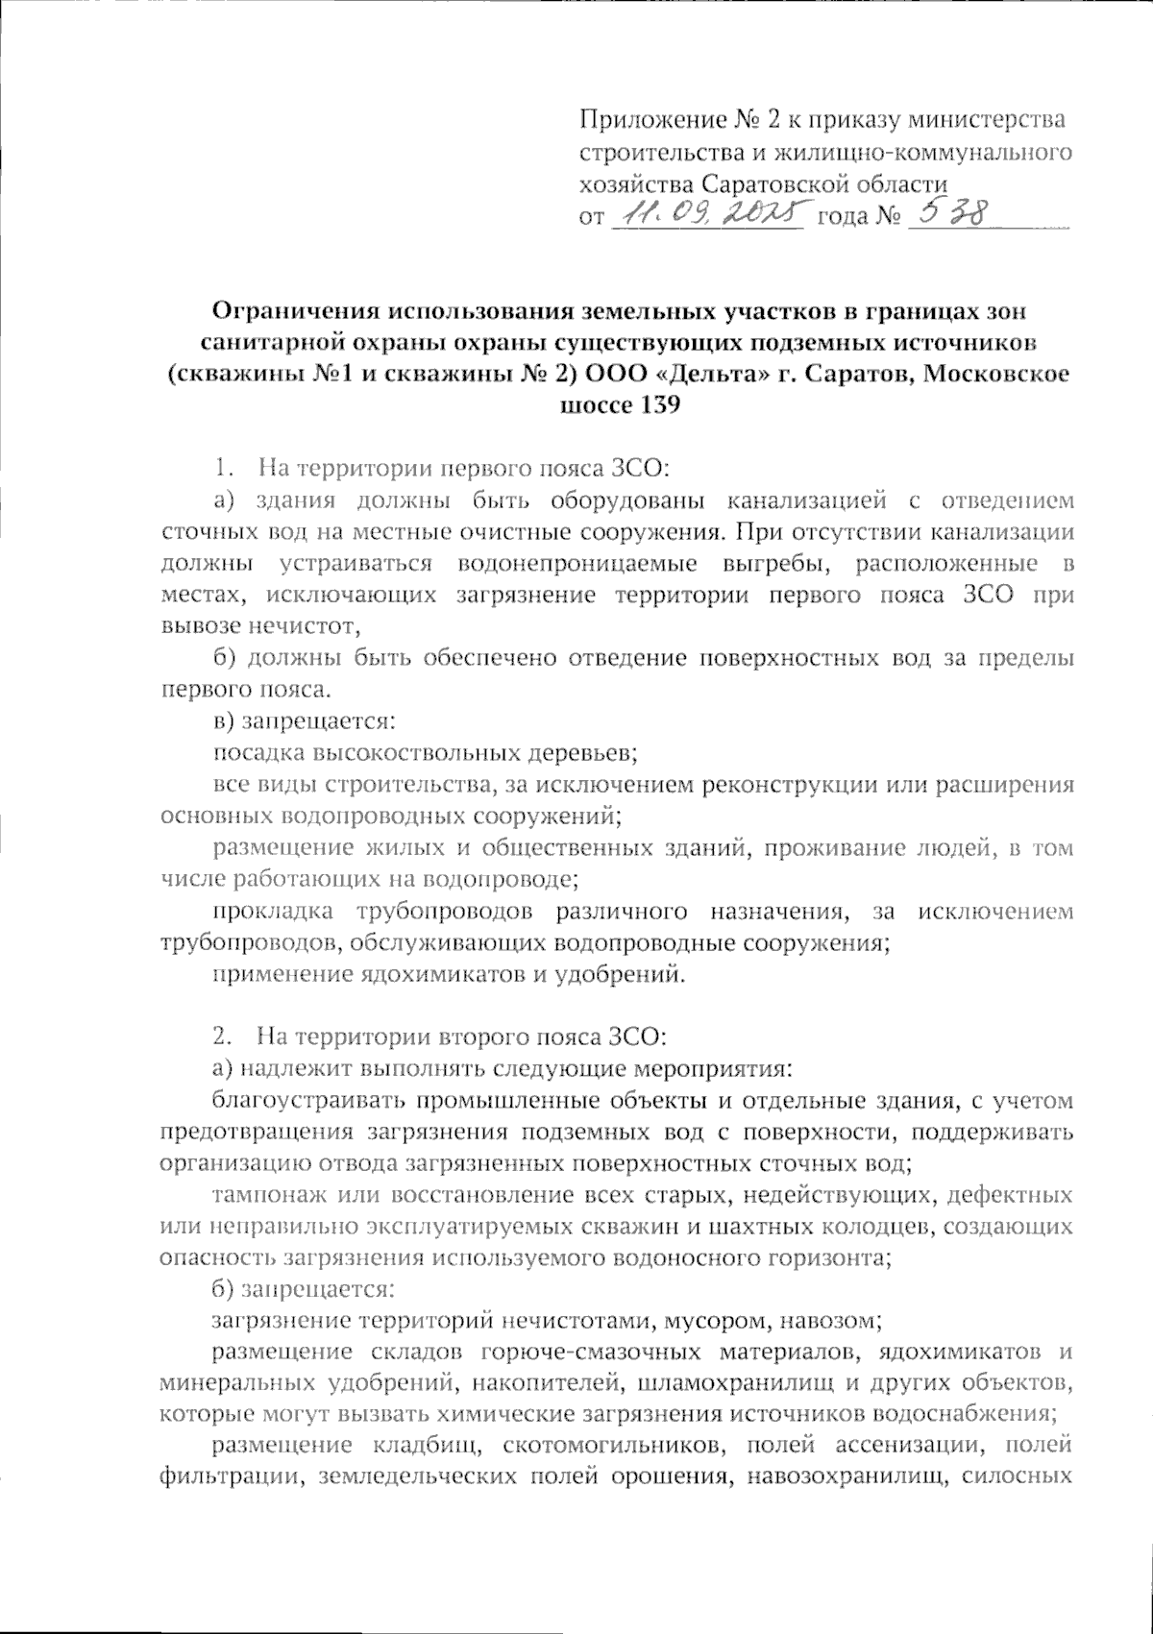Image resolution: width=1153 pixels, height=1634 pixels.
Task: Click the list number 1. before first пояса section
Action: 222,469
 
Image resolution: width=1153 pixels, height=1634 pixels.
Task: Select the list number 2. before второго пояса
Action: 222,1037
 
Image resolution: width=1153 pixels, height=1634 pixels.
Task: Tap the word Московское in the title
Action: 996,374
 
